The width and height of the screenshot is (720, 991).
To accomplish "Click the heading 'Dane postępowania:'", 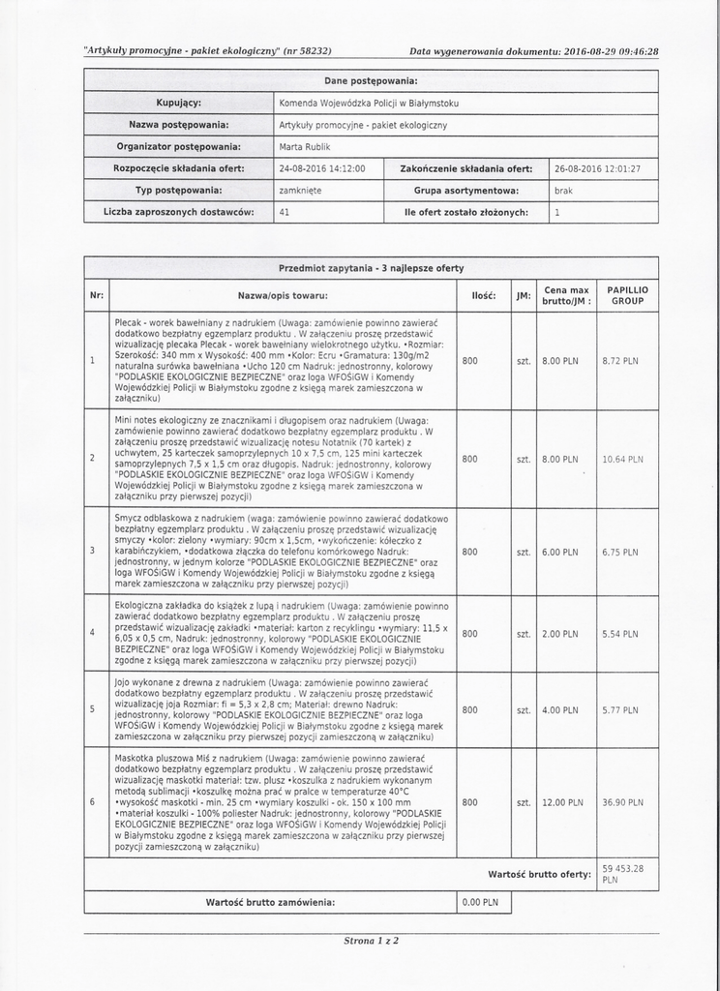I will coord(371,80).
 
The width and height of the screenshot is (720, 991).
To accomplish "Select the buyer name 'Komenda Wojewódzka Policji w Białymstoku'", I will coord(369,103).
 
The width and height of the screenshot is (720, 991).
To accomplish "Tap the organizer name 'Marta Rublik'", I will coord(304,147).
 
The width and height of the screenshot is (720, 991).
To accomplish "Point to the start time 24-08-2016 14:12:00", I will coord(322,168).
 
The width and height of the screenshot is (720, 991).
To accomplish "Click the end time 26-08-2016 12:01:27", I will coord(597,168).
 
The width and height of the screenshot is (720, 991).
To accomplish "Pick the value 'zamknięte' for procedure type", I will coord(301,191).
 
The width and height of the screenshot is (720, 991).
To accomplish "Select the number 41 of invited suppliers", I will coord(285,212).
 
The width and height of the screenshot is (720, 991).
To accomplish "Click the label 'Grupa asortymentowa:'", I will coord(466,191).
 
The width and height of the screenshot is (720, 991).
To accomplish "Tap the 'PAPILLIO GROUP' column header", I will coord(627,295).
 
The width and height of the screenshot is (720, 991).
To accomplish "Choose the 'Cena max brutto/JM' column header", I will coord(566,295).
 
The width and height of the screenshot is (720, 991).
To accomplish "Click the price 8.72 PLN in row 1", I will coord(619,361).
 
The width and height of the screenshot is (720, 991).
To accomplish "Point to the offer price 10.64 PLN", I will coord(621,459).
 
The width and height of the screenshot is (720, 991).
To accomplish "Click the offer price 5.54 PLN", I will coord(619,634).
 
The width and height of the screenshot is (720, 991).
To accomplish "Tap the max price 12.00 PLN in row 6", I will coord(561,802).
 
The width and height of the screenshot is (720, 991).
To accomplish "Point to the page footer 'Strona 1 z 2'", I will coord(372,940).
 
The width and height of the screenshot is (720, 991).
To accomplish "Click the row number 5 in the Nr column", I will coord(92,709).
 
